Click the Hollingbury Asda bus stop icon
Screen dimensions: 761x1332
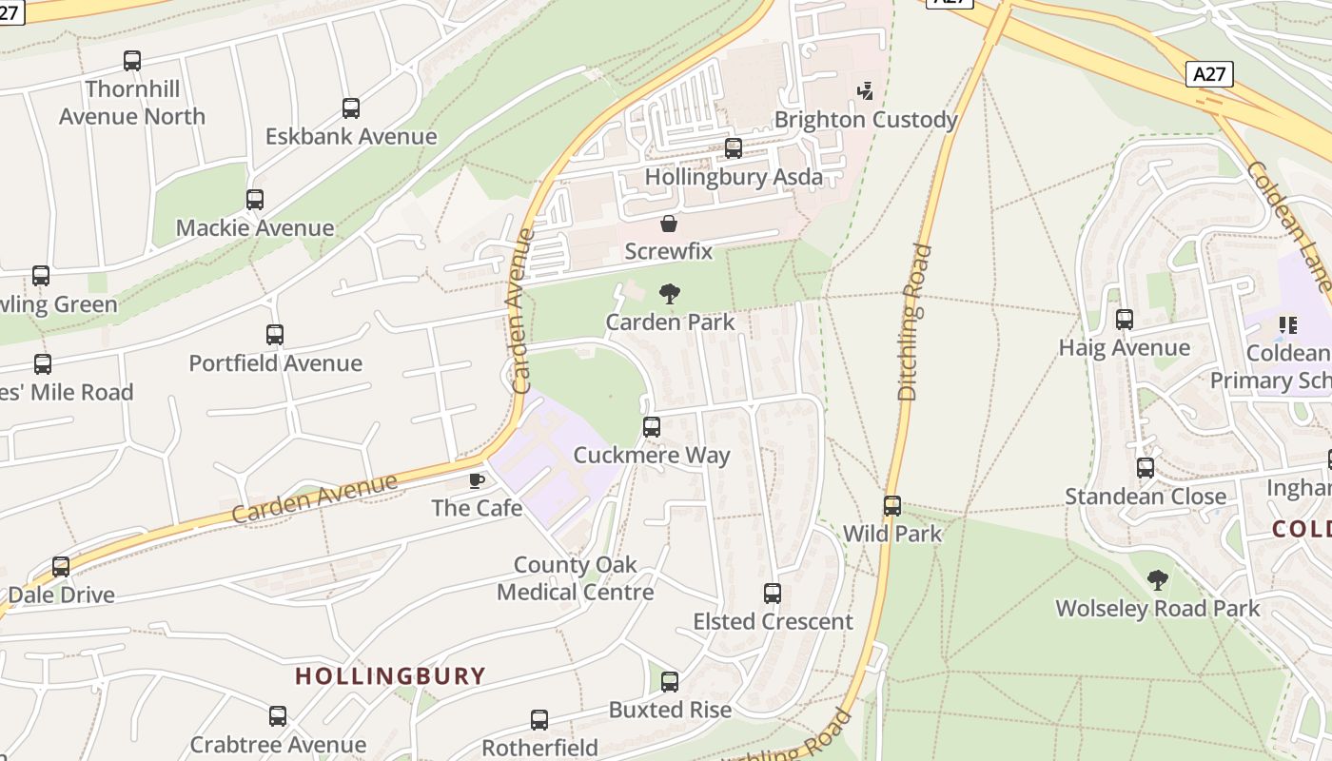coord(734,148)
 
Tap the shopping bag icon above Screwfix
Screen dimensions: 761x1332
coord(669,224)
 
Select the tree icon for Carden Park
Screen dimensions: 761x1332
coord(670,294)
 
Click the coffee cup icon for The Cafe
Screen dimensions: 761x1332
coord(477,480)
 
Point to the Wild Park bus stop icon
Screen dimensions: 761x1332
coord(892,506)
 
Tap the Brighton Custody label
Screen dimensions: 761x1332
coord(865,120)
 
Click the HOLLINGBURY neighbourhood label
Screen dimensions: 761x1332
coord(390,676)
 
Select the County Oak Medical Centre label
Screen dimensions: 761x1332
coord(575,578)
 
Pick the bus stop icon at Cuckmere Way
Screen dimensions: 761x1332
coord(652,427)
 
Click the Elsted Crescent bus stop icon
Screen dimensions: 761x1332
coord(773,594)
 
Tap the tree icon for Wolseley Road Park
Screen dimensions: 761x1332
coord(1157,579)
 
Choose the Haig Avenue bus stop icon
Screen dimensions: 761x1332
coord(1125,320)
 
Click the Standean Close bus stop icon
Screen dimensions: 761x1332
coord(1146,468)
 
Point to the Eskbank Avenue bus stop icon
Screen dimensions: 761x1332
coord(351,108)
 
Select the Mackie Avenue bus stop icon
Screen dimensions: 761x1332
coord(255,200)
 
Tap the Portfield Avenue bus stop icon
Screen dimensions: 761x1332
coord(275,335)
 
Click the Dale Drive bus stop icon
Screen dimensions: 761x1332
coord(61,567)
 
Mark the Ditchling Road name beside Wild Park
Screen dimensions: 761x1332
coord(910,323)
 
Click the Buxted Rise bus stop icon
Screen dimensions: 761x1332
coord(670,682)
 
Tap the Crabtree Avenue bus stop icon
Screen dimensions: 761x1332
coord(278,716)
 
